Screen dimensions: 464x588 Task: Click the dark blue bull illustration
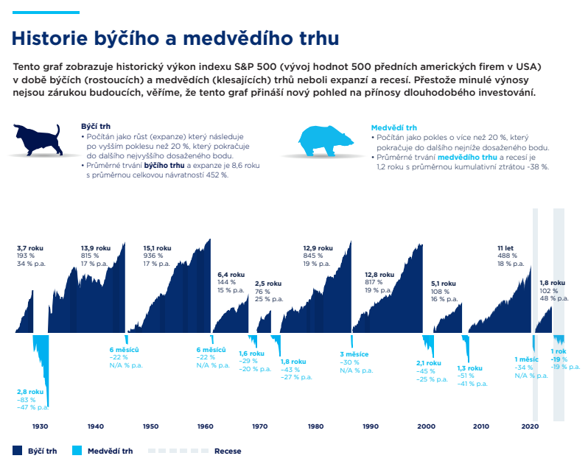[x=37, y=139]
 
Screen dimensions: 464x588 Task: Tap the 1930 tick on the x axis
[x=40, y=426]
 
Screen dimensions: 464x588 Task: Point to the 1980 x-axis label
[x=315, y=426]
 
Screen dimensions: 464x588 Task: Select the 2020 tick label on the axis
[x=530, y=426]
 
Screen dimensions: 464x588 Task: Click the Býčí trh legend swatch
[x=18, y=451]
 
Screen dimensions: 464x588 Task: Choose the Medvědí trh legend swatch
[x=78, y=451]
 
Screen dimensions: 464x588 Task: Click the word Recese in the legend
[x=228, y=451]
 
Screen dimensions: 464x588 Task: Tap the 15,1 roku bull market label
[x=157, y=248]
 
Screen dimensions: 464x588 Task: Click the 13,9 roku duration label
[x=95, y=248]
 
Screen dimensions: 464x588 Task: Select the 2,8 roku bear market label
[x=30, y=392]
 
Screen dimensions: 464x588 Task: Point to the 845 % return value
[x=314, y=256]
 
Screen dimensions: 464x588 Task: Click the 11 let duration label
[x=505, y=248]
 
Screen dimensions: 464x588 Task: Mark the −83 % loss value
[x=27, y=399]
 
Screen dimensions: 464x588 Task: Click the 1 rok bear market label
[x=558, y=351]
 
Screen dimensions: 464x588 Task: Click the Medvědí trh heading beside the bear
[x=391, y=127]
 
